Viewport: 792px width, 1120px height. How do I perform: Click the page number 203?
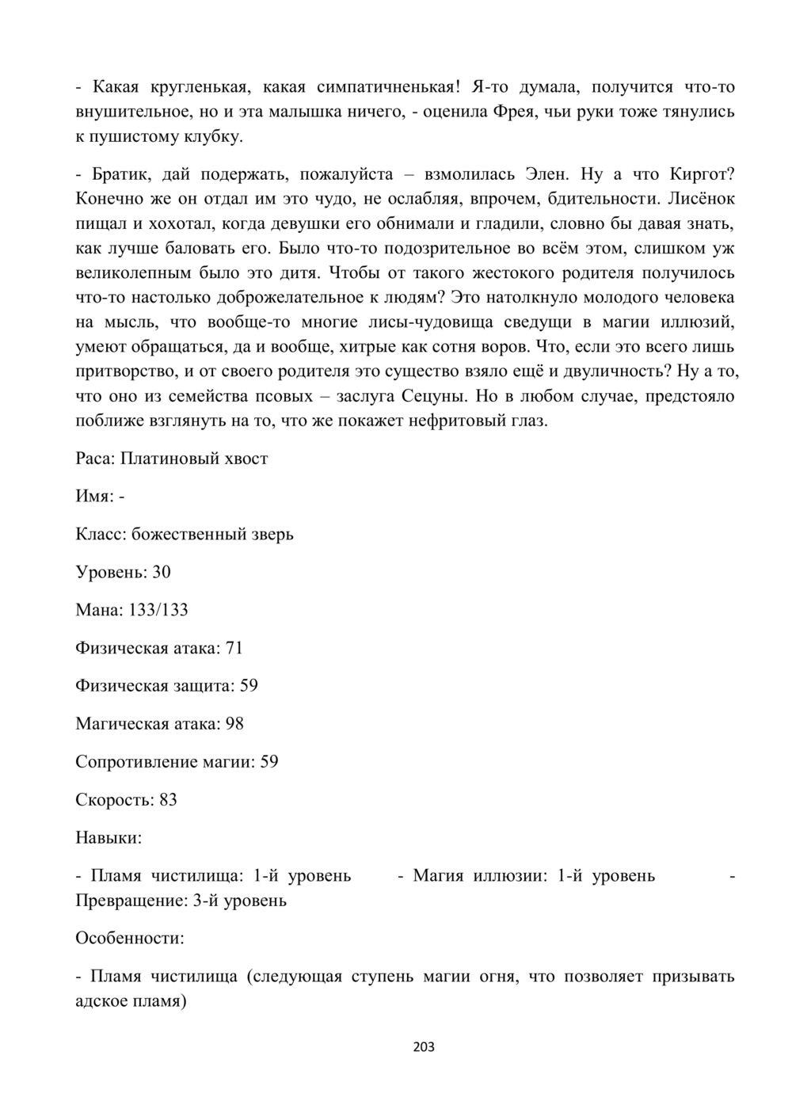(x=424, y=1047)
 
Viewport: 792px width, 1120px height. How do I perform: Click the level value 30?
(x=162, y=572)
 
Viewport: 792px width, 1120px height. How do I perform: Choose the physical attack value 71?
(x=234, y=648)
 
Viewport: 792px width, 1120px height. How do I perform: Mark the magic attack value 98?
(x=234, y=723)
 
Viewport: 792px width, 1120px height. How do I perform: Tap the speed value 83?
(x=168, y=799)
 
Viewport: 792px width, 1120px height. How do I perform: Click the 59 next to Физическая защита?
(x=249, y=685)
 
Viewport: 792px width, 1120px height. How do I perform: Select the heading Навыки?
(x=109, y=837)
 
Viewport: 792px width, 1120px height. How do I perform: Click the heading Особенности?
(x=129, y=939)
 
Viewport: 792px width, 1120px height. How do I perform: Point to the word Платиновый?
(x=169, y=459)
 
